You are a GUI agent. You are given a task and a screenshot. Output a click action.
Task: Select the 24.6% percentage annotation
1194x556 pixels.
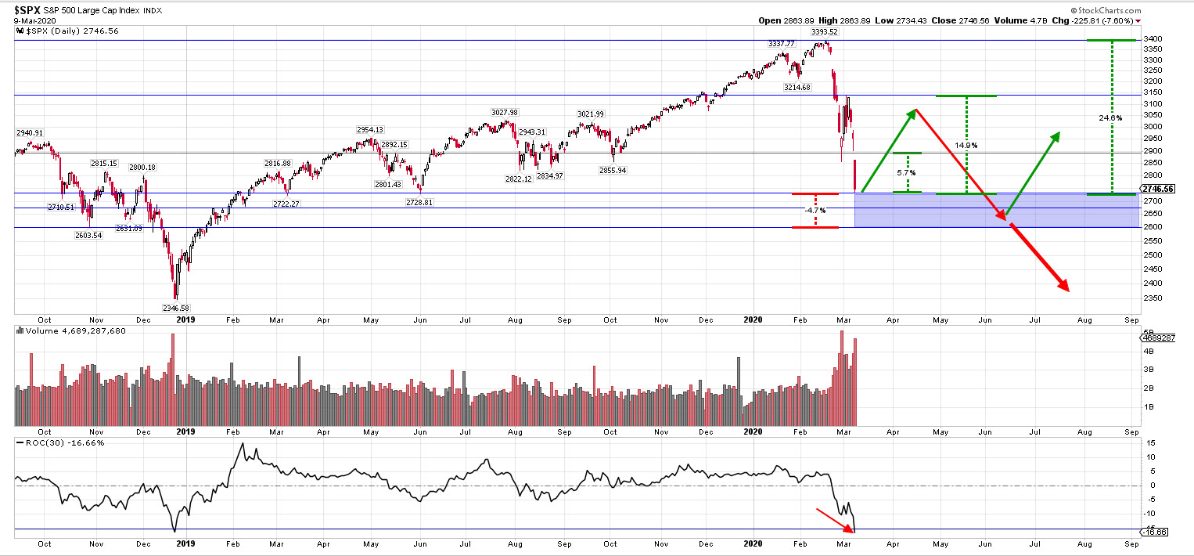(1110, 118)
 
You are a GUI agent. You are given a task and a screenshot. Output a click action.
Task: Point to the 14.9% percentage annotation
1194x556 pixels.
(966, 146)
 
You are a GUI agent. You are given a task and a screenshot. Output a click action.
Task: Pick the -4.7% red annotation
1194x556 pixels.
(815, 211)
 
